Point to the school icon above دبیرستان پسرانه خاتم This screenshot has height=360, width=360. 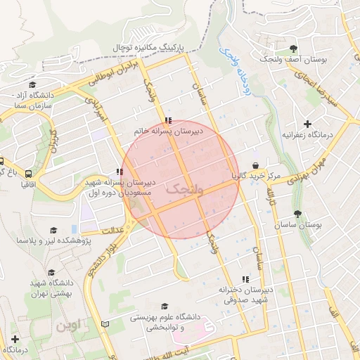tap(167, 120)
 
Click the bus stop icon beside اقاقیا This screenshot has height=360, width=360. tap(29, 173)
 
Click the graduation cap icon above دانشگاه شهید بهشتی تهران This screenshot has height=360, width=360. tap(51, 273)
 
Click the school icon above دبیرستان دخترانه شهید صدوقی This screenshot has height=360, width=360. tap(245, 279)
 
